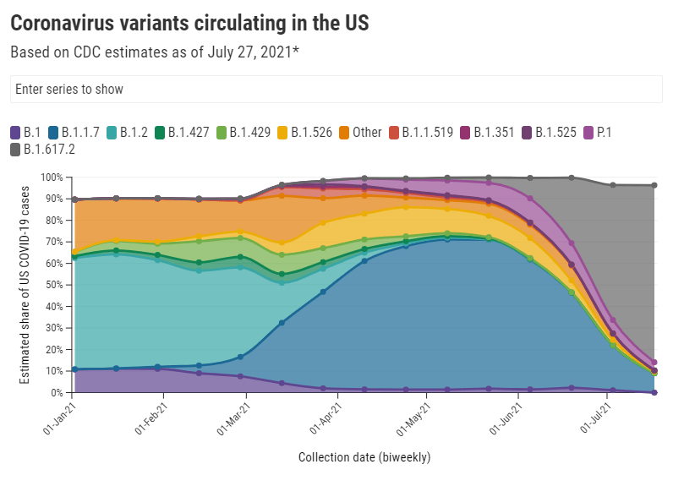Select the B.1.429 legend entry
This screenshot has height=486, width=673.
[x=252, y=132]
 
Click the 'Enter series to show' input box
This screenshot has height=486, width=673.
[x=336, y=89]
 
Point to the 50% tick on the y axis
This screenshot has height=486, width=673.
[x=52, y=285]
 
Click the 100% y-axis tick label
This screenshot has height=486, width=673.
[x=51, y=177]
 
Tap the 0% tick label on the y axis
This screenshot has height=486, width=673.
[x=56, y=393]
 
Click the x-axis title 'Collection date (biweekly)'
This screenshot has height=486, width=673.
[x=364, y=457]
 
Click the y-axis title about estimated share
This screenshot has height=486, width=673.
[x=25, y=285]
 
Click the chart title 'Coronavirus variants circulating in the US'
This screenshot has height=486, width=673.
[x=189, y=24]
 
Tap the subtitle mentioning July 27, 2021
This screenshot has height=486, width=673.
[x=156, y=52]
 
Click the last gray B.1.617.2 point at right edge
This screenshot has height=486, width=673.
[x=654, y=185]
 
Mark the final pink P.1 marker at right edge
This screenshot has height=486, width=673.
[x=654, y=363]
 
